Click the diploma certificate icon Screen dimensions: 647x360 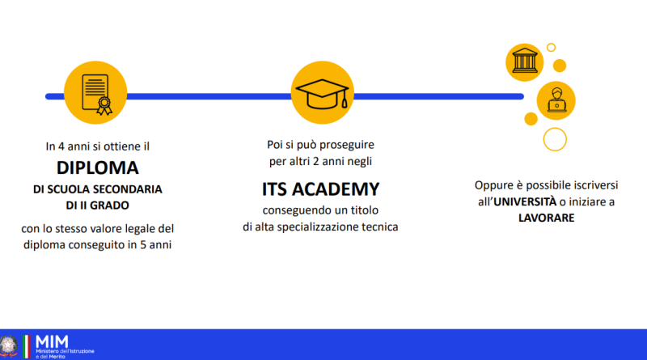tap(96, 94)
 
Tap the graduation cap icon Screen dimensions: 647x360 tap(322, 94)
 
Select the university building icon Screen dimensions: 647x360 tap(524, 61)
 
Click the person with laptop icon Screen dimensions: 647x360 tap(556, 100)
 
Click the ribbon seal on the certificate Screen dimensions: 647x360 tap(104, 106)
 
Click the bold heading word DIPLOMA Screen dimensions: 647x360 tap(98, 168)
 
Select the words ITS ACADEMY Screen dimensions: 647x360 tap(320, 189)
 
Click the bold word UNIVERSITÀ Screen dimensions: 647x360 tap(525, 201)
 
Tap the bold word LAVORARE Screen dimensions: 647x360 tap(547, 218)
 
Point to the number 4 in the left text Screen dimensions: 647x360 tap(61, 146)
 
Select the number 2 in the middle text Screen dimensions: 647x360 tap(316, 162)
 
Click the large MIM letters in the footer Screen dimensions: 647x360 tap(52, 342)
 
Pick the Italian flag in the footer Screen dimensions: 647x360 tap(27, 346)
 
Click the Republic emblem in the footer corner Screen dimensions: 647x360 tap(9, 346)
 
